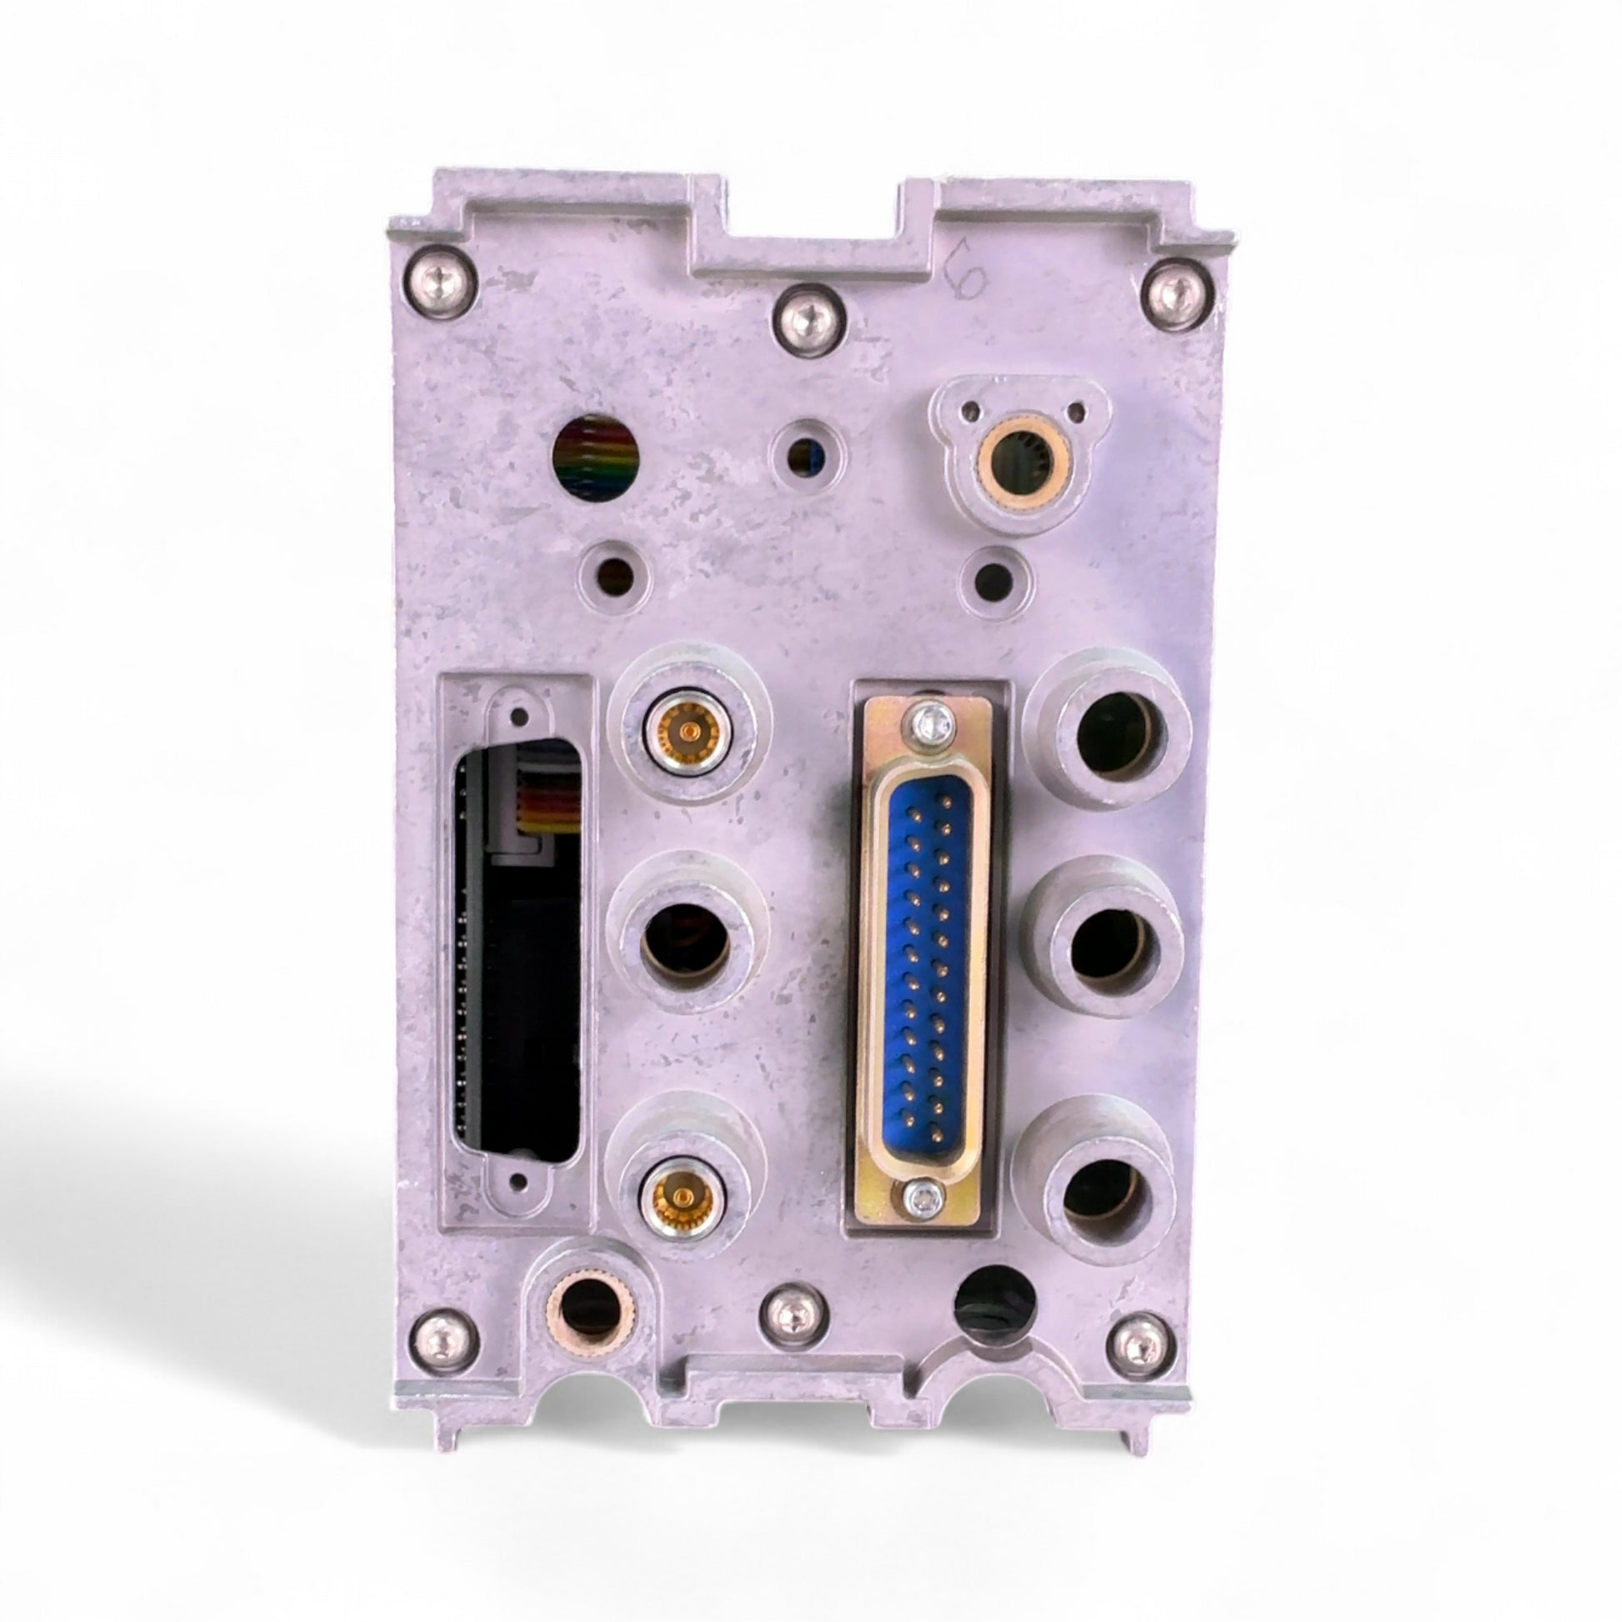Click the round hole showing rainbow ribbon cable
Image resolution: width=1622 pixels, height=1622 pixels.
pyautogui.click(x=597, y=458)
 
